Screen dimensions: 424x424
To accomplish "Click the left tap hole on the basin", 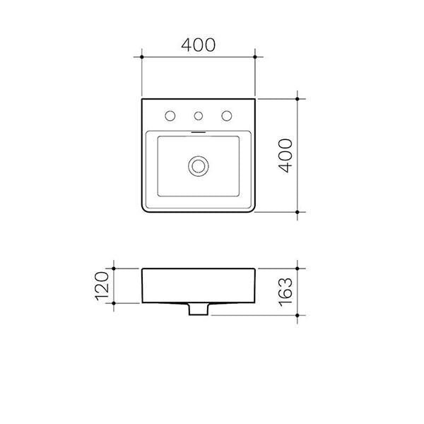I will coord(170,116).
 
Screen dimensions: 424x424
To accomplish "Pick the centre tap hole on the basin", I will coord(199,116).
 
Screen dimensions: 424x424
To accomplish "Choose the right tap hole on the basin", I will coord(228,116).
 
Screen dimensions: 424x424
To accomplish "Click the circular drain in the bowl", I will coord(199,166).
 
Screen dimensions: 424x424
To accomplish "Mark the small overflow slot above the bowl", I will coord(199,131).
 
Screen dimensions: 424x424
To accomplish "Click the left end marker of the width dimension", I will coord(142,56).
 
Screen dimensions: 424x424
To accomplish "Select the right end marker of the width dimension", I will coord(256,56).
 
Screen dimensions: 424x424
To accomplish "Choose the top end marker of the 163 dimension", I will coord(303,269).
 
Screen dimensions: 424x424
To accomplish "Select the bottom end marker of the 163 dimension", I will coord(303,314).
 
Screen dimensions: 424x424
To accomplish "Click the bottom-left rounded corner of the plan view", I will coord(145,210).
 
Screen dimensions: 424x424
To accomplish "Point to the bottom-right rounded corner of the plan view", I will coord(253,210).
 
